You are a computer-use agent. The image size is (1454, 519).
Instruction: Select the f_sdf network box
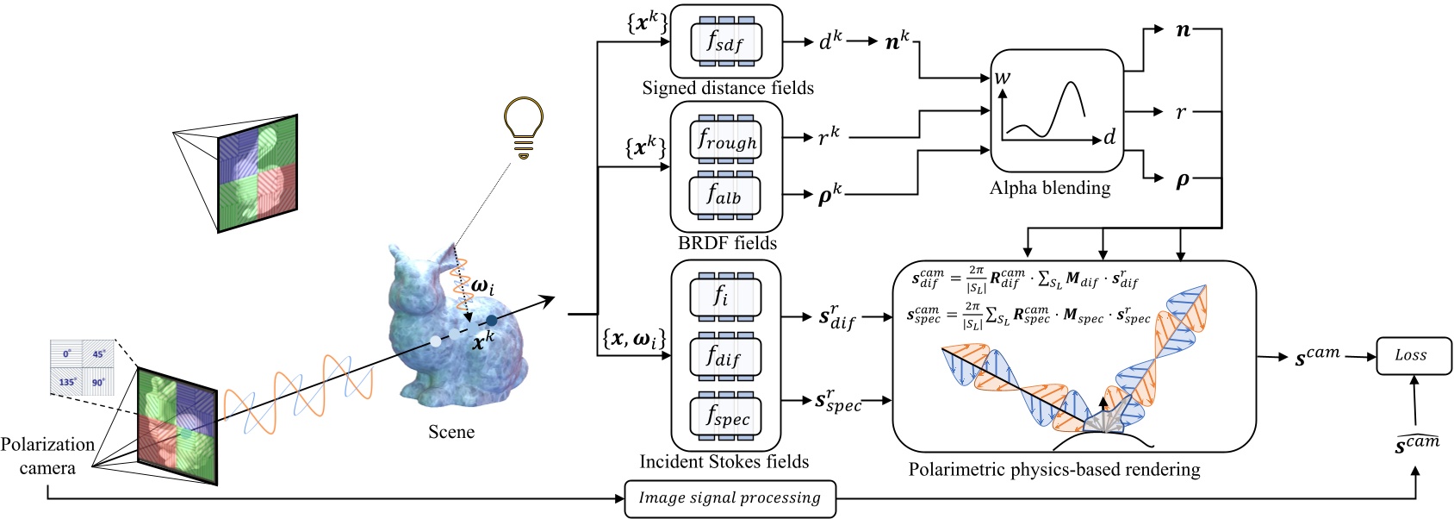point(725,41)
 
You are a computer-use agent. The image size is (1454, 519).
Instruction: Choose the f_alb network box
point(725,196)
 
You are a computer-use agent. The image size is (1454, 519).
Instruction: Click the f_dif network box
point(725,355)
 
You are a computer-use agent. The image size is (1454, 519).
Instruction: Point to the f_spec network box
point(725,416)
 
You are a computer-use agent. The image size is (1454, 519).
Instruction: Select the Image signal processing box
point(730,498)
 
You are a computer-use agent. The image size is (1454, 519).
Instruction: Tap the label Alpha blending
point(1050,188)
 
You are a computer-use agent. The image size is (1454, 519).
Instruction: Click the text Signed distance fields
point(727,88)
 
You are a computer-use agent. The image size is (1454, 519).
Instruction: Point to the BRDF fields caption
point(727,243)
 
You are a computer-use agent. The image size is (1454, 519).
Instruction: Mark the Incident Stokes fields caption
point(724,462)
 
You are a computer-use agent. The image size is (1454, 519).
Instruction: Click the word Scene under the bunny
point(450,432)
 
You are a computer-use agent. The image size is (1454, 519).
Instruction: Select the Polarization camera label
point(47,456)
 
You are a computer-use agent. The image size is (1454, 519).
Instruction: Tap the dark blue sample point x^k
point(491,321)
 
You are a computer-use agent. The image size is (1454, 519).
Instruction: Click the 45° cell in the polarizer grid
point(98,354)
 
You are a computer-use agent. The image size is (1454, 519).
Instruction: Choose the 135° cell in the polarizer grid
point(67,380)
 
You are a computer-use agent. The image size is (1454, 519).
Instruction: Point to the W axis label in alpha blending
point(1003,78)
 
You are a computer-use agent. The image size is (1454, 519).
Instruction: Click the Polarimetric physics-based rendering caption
point(1053,470)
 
